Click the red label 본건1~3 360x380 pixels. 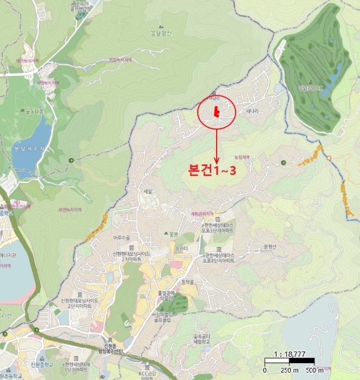212,169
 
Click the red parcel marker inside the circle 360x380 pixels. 217,112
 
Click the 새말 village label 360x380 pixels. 148,191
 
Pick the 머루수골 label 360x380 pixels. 123,237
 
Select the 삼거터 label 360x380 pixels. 181,248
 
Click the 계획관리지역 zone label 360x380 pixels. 203,213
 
